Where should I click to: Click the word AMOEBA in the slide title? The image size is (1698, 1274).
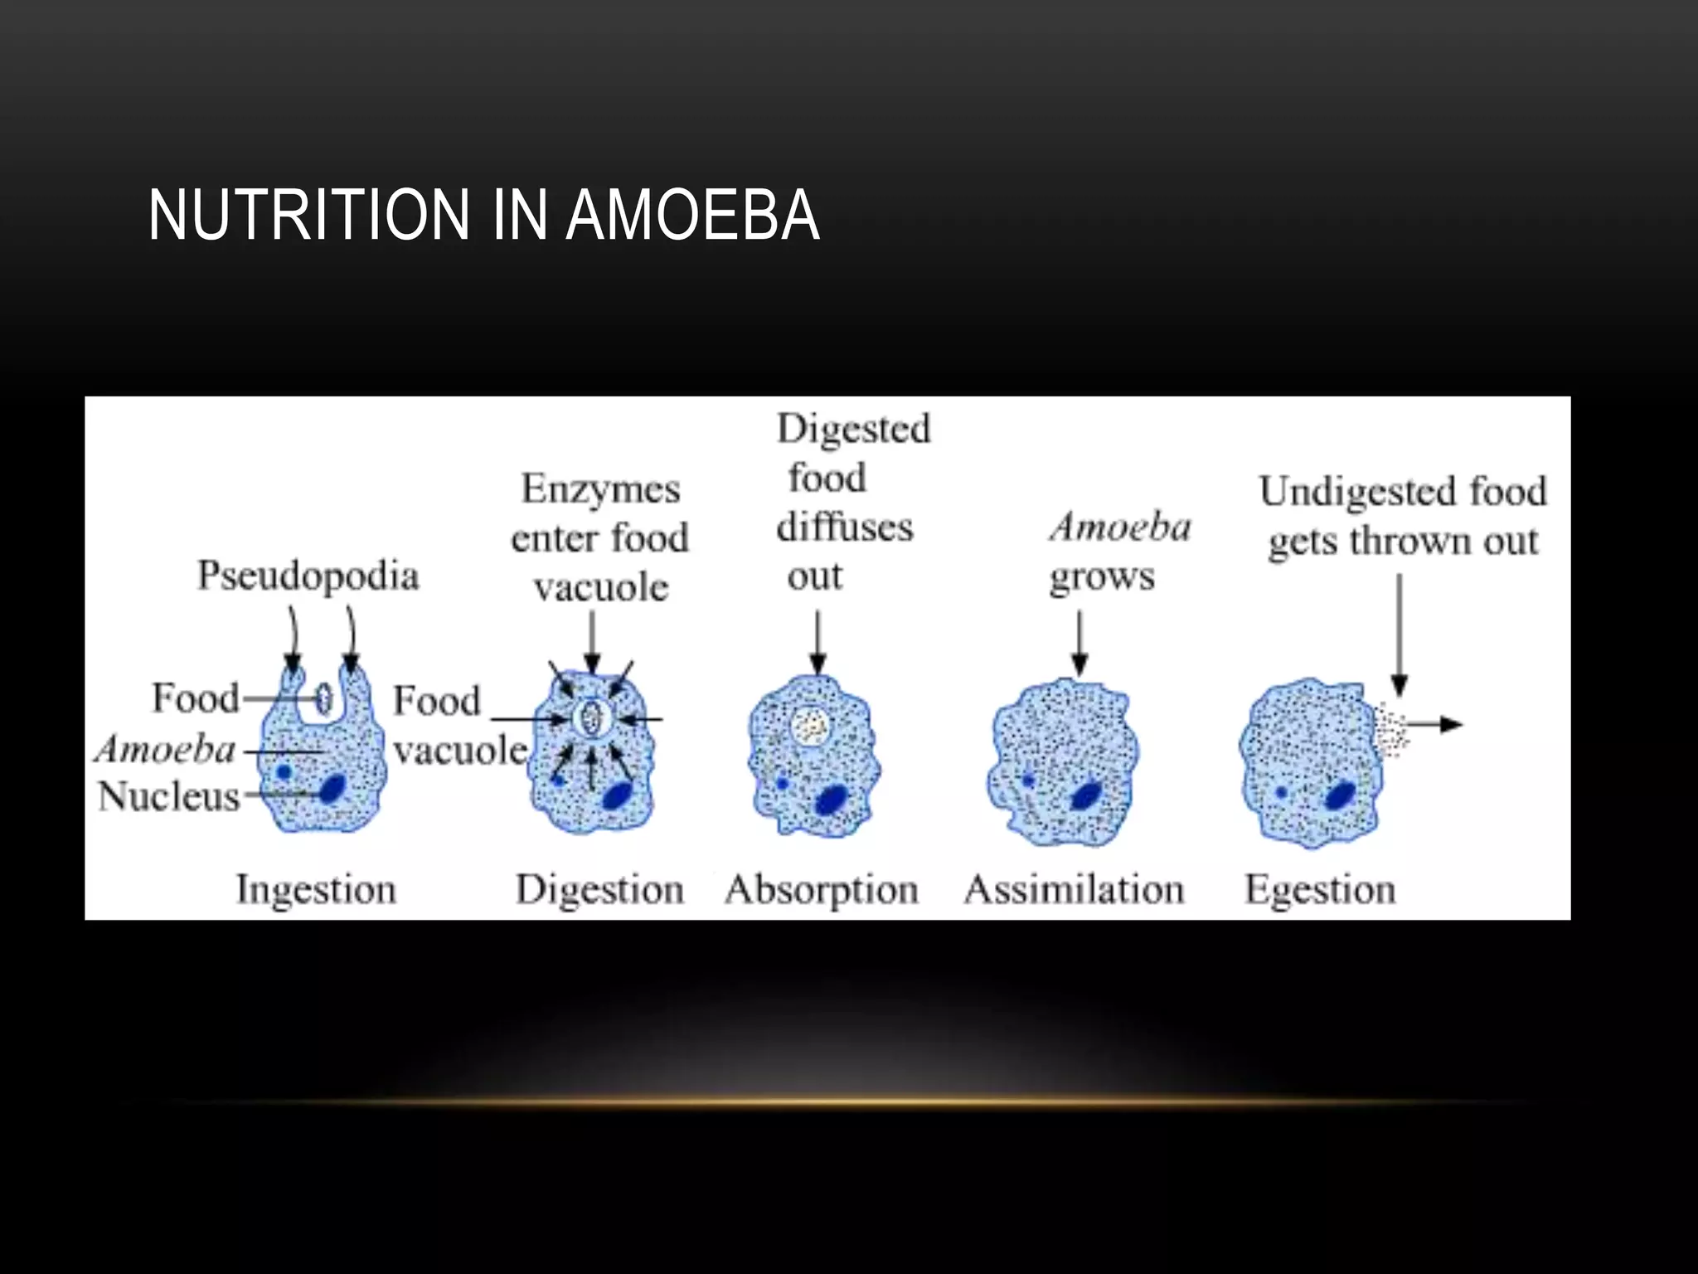coord(693,215)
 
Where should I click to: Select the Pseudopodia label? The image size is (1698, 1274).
coord(308,576)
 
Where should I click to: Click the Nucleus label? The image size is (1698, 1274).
coord(168,796)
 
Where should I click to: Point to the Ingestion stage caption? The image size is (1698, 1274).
coord(316,890)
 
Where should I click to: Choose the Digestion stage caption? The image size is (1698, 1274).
coord(599,890)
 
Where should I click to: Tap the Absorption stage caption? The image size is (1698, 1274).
coord(822,890)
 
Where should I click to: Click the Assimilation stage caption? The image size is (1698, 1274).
coord(1074,890)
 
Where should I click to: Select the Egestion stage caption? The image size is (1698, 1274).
coord(1320,890)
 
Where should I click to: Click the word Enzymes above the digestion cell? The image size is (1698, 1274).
coord(600,489)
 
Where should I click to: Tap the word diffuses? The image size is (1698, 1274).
coord(844,528)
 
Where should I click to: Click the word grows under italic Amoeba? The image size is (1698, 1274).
coord(1102,577)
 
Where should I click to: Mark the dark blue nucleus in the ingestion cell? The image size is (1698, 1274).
coord(332,788)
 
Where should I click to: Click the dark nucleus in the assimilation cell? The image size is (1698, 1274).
coord(1084,795)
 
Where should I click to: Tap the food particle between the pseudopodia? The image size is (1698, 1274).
coord(323,698)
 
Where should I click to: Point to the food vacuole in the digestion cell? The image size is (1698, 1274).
coord(590,717)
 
